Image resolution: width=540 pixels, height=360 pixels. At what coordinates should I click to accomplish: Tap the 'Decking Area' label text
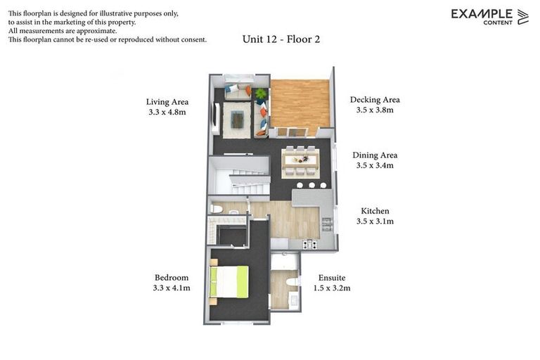[x=375, y=100]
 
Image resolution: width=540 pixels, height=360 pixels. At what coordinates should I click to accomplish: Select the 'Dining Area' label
[x=375, y=155]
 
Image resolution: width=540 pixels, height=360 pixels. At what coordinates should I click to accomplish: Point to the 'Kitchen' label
[x=375, y=211]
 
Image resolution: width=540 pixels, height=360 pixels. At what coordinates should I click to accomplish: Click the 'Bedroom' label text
[x=172, y=278]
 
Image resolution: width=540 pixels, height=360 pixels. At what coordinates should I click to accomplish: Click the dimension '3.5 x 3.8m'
[x=375, y=110]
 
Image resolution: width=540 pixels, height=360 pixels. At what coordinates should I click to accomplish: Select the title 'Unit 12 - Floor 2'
[x=281, y=39]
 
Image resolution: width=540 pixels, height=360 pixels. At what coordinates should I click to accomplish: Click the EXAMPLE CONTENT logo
[x=489, y=16]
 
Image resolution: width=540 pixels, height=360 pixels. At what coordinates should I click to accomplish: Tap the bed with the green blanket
[x=231, y=281]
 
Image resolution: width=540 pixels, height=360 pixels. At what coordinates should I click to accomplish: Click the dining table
[x=300, y=160]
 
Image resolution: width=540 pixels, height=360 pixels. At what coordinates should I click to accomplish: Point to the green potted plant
[x=262, y=94]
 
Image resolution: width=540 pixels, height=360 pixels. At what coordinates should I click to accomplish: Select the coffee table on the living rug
[x=238, y=120]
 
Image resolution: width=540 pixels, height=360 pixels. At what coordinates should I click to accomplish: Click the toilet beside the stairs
[x=217, y=209]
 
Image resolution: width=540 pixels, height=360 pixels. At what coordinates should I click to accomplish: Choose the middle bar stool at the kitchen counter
[x=311, y=186]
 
